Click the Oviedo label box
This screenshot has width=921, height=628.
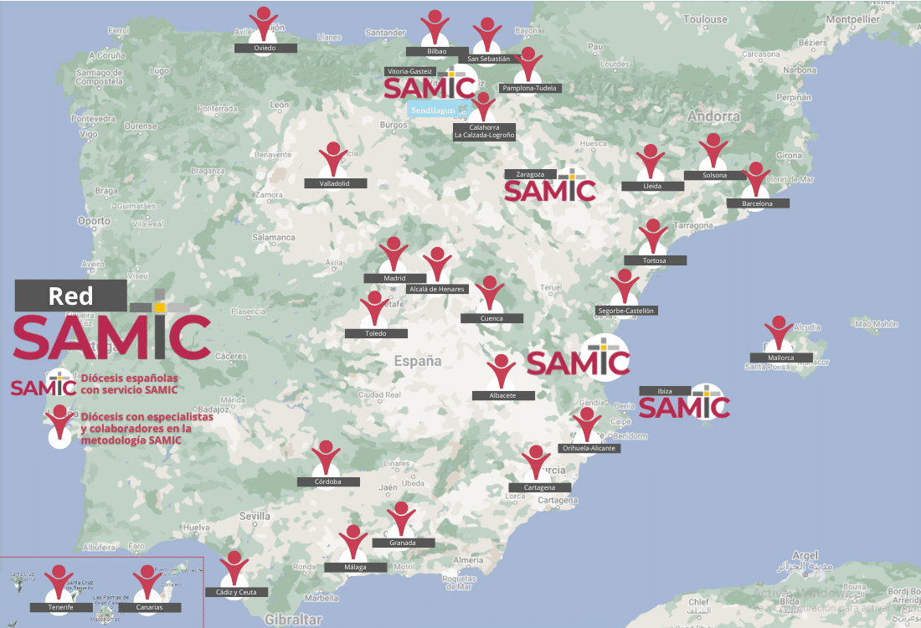(x=265, y=49)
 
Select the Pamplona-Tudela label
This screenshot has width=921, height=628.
(x=528, y=88)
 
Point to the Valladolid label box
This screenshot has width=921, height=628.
(x=333, y=183)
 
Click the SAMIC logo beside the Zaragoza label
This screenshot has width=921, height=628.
(x=550, y=189)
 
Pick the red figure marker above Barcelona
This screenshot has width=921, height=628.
(x=756, y=179)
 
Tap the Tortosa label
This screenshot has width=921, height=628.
(x=654, y=260)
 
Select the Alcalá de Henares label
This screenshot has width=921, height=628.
(x=436, y=289)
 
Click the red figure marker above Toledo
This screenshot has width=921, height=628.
(x=374, y=308)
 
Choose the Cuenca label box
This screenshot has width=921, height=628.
(x=491, y=318)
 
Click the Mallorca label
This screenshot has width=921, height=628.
(x=780, y=358)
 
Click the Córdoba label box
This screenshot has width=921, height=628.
(x=328, y=481)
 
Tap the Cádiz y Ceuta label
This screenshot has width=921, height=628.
(x=237, y=592)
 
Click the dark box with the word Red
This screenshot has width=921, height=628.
(x=71, y=296)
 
